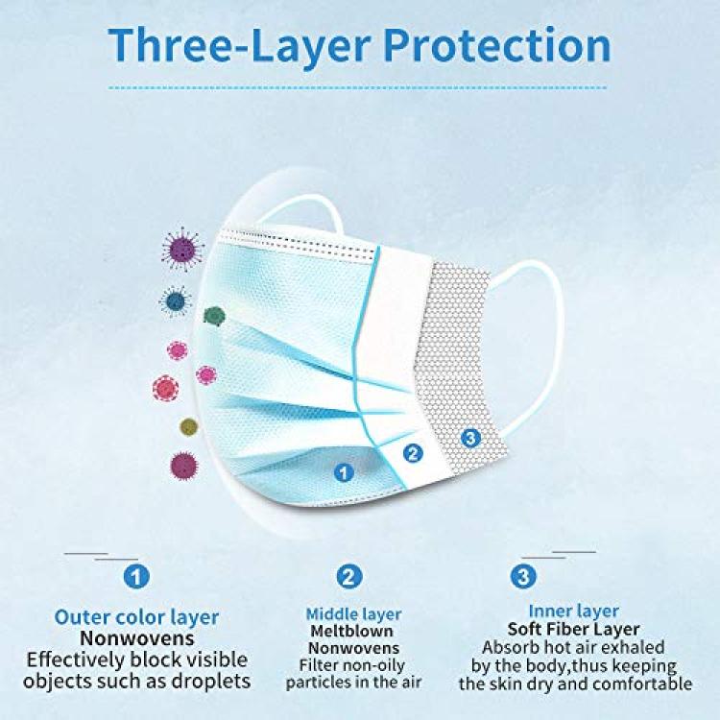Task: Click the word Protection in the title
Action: tap(497, 45)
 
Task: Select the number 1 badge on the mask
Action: tap(344, 472)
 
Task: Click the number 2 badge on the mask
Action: tap(413, 453)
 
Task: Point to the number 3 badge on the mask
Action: tap(470, 438)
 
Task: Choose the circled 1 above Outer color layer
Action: tap(136, 575)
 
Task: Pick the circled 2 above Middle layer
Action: tap(349, 576)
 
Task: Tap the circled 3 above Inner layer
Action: tap(523, 576)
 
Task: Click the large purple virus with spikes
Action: tap(182, 250)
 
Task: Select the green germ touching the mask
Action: tap(214, 316)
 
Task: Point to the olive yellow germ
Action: tap(189, 427)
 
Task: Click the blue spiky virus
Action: tap(175, 301)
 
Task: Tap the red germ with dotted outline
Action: tap(165, 388)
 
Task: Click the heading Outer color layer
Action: tap(136, 617)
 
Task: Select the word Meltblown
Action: tap(351, 632)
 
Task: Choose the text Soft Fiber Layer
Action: tap(573, 629)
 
